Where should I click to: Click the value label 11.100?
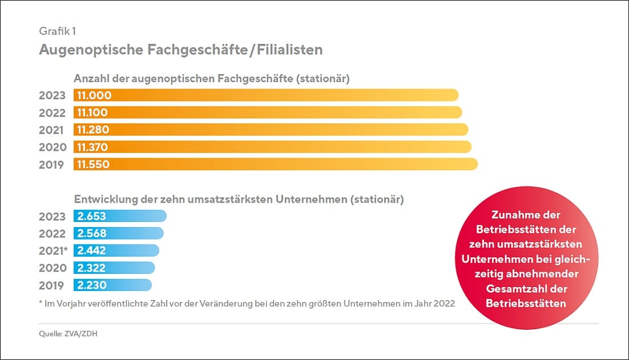pyautogui.click(x=92, y=112)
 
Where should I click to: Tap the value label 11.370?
pyautogui.click(x=92, y=147)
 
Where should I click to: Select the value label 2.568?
pyautogui.click(x=91, y=233)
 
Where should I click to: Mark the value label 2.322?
pyautogui.click(x=91, y=268)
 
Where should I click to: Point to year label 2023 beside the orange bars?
pyautogui.click(x=52, y=95)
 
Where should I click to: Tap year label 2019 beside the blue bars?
pyautogui.click(x=52, y=285)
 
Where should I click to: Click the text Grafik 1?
pyautogui.click(x=58, y=31)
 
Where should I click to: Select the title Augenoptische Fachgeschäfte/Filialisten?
pyautogui.click(x=180, y=50)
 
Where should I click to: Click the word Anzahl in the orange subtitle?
pyautogui.click(x=92, y=78)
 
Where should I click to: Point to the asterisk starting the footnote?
pyautogui.click(x=41, y=303)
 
